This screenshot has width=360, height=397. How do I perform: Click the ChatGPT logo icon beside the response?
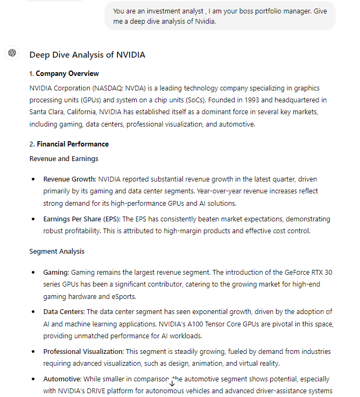tap(12, 53)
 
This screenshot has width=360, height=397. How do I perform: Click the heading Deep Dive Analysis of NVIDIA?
tap(87, 55)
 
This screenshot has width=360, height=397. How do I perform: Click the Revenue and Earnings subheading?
tap(63, 158)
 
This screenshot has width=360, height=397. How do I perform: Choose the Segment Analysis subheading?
tap(57, 252)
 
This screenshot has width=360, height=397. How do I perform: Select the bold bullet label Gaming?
tap(56, 273)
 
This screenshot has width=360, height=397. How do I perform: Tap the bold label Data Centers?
tap(63, 312)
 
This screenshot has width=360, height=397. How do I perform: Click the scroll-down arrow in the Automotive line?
tap(172, 383)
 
